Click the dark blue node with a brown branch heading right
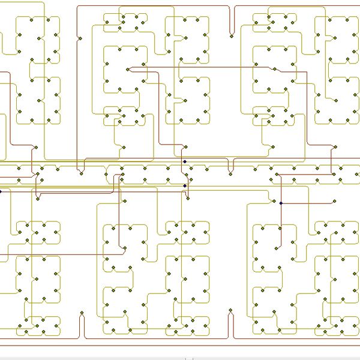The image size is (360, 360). coord(281,203)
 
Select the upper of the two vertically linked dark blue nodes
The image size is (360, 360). coord(185,161)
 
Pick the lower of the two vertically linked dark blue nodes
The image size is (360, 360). coord(185,186)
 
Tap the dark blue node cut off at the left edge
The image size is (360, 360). coord(1,191)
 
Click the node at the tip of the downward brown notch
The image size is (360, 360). coord(231,35)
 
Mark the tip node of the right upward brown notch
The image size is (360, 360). coord(231,311)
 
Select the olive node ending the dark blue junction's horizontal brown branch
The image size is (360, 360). coord(334,203)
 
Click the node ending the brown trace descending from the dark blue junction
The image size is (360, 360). coord(277,246)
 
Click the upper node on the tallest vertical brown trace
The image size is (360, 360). coord(80,39)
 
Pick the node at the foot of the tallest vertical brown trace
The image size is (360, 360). coord(80,174)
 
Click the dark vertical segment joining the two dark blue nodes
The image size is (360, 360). coord(185,174)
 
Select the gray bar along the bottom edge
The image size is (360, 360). coord(180,358)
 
